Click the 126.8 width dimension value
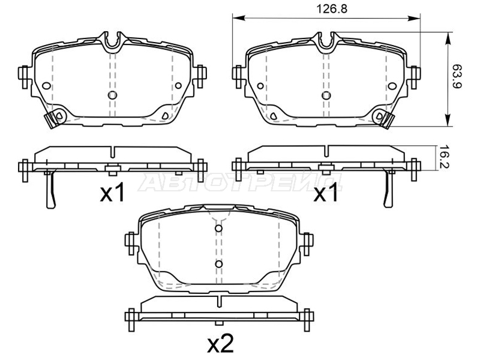tap(332, 9)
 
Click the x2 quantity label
tap(220, 344)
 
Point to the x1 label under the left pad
tap(112, 193)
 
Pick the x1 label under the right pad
tap(326, 193)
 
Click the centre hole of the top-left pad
tap(112, 95)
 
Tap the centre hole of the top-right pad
tap(326, 95)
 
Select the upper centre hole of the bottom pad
tap(218, 229)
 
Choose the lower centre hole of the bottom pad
tap(218, 264)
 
